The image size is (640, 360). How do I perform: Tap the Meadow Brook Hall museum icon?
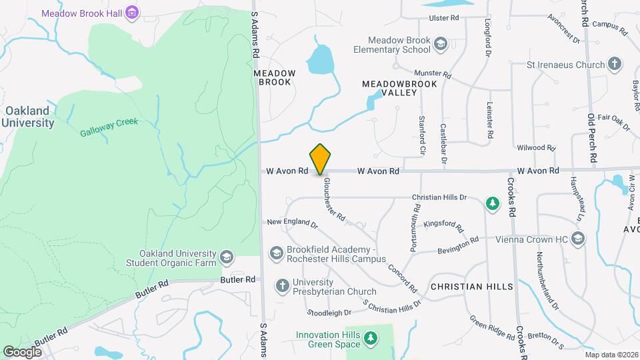coord(132,13)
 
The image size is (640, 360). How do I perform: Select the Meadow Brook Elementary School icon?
coord(440,45)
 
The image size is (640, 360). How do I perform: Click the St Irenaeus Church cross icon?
coord(615,65)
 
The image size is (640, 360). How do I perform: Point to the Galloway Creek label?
coord(109,132)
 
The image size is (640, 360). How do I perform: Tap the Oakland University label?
coord(27,117)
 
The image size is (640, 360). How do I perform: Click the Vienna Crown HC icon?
coord(578,239)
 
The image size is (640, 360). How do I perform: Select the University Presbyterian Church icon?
coord(282,286)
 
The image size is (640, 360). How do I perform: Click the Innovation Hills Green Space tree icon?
coord(371,339)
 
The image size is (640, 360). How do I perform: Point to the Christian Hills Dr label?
coord(441,198)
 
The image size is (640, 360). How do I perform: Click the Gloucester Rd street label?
coord(334,199)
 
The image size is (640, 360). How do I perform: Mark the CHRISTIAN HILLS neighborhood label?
coord(472,287)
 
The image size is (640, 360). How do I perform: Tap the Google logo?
coord(22,351)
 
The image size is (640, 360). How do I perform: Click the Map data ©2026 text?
coord(611,355)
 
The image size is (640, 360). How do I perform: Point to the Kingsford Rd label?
coord(443,225)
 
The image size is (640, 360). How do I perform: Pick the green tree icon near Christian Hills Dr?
coord(493,203)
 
